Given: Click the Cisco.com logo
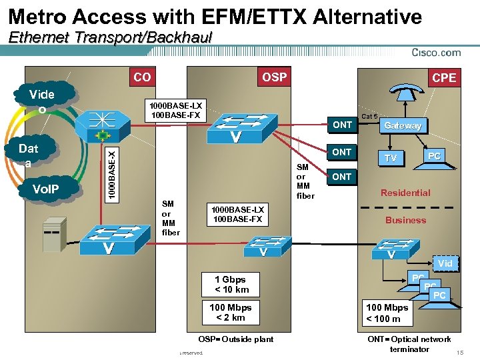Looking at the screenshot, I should pyautogui.click(x=436, y=53).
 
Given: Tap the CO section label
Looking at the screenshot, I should pyautogui.click(x=142, y=77).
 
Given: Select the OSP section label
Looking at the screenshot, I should pyautogui.click(x=274, y=77).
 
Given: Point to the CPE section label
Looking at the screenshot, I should pyautogui.click(x=444, y=78).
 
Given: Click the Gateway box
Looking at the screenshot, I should pyautogui.click(x=403, y=125).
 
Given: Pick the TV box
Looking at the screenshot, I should pyautogui.click(x=392, y=158).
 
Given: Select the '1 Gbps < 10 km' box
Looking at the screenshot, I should pyautogui.click(x=231, y=285).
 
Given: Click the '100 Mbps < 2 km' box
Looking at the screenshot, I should pyautogui.click(x=231, y=313).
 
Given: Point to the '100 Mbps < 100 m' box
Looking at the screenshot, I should pyautogui.click(x=387, y=313).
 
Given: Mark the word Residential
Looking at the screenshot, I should pyautogui.click(x=405, y=193).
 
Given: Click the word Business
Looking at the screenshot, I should pyautogui.click(x=405, y=220).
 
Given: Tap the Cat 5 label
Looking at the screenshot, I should pyautogui.click(x=369, y=115).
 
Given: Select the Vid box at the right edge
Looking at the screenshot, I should pyautogui.click(x=445, y=263).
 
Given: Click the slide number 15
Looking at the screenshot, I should pyautogui.click(x=459, y=351).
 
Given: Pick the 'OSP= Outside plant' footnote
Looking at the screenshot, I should pyautogui.click(x=236, y=339).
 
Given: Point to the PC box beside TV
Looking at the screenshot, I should pyautogui.click(x=434, y=155).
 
